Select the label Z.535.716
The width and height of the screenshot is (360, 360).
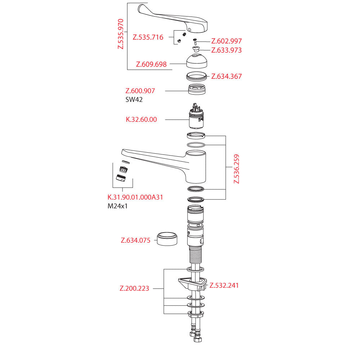(148, 37)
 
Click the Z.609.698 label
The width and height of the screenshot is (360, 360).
(151, 64)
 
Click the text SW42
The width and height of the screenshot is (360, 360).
(134, 100)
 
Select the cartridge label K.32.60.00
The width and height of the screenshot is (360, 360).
(141, 120)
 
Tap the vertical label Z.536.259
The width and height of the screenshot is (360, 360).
(236, 169)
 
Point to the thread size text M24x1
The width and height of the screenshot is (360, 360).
(118, 207)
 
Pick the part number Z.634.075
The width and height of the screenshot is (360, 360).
(135, 241)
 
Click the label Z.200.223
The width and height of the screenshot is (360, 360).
(134, 288)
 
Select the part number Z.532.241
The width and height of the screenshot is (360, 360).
(224, 285)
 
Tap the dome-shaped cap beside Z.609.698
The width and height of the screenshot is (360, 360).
(197, 60)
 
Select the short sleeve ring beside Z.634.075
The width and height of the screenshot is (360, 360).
(167, 239)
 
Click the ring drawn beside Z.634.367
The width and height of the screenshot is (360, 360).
(197, 76)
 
